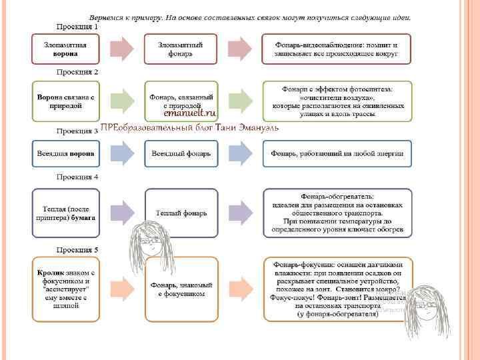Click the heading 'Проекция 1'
pyautogui.click(x=77, y=27)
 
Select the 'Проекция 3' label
pyautogui.click(x=77, y=131)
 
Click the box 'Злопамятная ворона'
pyautogui.click(x=65, y=49)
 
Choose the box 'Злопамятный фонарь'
pyautogui.click(x=180, y=49)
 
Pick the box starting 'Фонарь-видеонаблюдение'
pyautogui.click(x=336, y=49)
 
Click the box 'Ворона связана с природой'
pyautogui.click(x=65, y=101)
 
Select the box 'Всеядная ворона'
pyautogui.click(x=65, y=153)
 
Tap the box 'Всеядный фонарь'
pyautogui.click(x=180, y=153)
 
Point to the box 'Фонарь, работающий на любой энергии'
pyautogui.click(x=336, y=153)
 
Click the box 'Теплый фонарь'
pyautogui.click(x=180, y=213)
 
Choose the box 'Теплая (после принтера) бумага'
pyautogui.click(x=65, y=213)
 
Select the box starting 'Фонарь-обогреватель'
pyautogui.click(x=336, y=213)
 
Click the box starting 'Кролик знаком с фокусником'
pyautogui.click(x=65, y=288)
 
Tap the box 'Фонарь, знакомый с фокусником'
pyautogui.click(x=180, y=288)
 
